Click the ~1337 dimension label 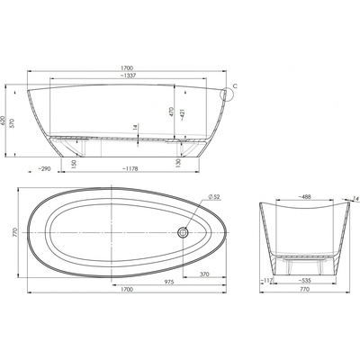click(128, 76)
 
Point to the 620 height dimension click(3, 121)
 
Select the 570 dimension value click(12, 123)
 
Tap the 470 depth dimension click(171, 112)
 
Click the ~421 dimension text click(183, 113)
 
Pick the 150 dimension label click(75, 164)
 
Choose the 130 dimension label click(179, 164)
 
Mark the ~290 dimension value click(44, 169)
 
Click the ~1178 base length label click(130, 169)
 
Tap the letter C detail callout click(235, 86)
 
